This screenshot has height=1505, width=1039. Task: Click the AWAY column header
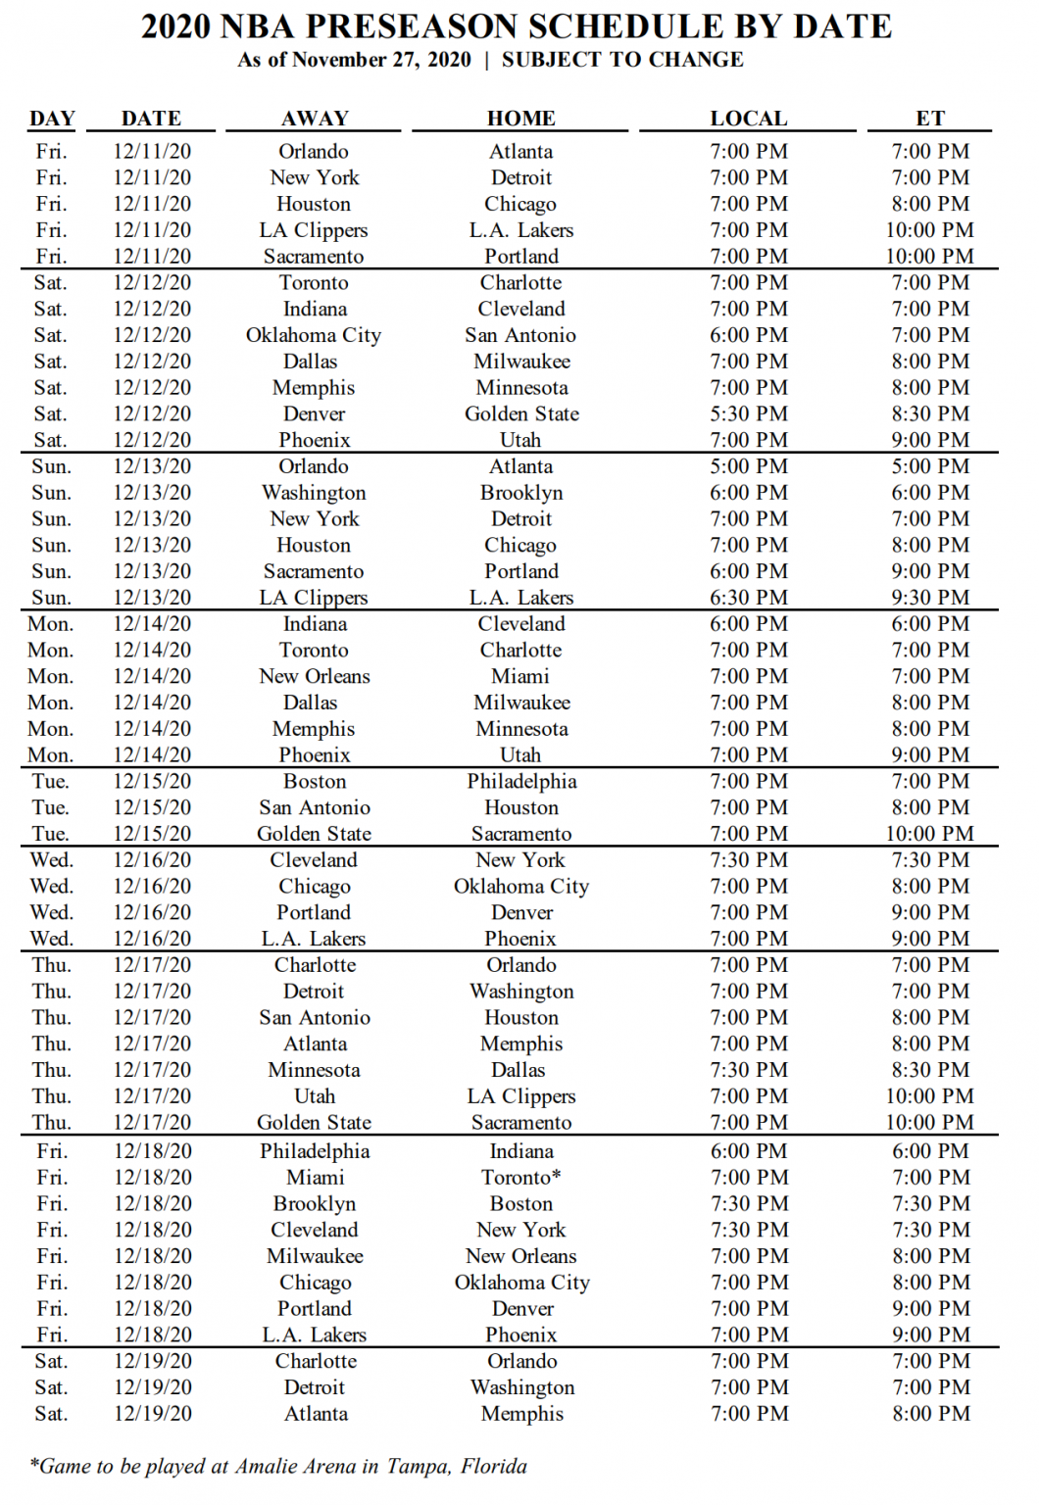click(x=315, y=119)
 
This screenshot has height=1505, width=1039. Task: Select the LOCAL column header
click(x=749, y=119)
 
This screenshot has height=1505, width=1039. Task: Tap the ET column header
click(x=930, y=119)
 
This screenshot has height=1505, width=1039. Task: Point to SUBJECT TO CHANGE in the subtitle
click(x=622, y=60)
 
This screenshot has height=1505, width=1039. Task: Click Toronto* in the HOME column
click(x=521, y=1177)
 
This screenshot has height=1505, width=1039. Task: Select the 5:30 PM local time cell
click(x=749, y=413)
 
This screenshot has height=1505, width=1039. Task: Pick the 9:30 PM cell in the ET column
click(x=930, y=597)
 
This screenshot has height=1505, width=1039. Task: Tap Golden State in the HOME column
click(x=521, y=413)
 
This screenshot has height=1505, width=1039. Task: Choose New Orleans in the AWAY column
click(x=315, y=676)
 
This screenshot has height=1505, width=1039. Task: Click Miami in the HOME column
click(x=521, y=676)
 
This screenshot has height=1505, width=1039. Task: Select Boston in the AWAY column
click(x=315, y=781)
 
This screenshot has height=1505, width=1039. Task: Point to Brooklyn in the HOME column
click(x=521, y=492)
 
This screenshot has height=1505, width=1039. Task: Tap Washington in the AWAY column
click(x=315, y=492)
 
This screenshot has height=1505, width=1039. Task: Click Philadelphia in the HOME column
click(x=521, y=781)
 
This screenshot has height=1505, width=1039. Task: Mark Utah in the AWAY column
click(x=315, y=1095)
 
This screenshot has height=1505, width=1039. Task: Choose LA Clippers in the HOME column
click(x=521, y=1095)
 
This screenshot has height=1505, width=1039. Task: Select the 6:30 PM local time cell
click(x=749, y=597)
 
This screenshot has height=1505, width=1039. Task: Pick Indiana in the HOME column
click(x=521, y=1150)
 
